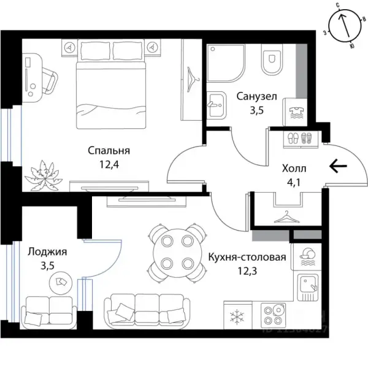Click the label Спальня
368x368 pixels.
[x=109, y=150]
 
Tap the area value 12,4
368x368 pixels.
[x=109, y=164]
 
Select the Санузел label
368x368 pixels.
[x=257, y=96]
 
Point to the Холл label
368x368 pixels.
[x=294, y=169]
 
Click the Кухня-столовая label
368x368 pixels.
[x=247, y=257]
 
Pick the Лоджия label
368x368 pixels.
[x=47, y=252]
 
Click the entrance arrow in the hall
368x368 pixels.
[x=338, y=166]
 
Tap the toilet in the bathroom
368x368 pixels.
[x=272, y=59]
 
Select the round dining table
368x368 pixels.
[x=177, y=253]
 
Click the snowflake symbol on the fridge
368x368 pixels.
[x=237, y=316]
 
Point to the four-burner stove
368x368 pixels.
[x=273, y=315]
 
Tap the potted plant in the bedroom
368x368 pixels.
[x=44, y=175]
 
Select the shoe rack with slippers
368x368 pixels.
[x=301, y=139]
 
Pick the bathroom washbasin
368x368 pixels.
[x=217, y=105]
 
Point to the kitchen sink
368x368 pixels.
[x=308, y=288]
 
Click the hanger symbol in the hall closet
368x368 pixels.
[x=287, y=217]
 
